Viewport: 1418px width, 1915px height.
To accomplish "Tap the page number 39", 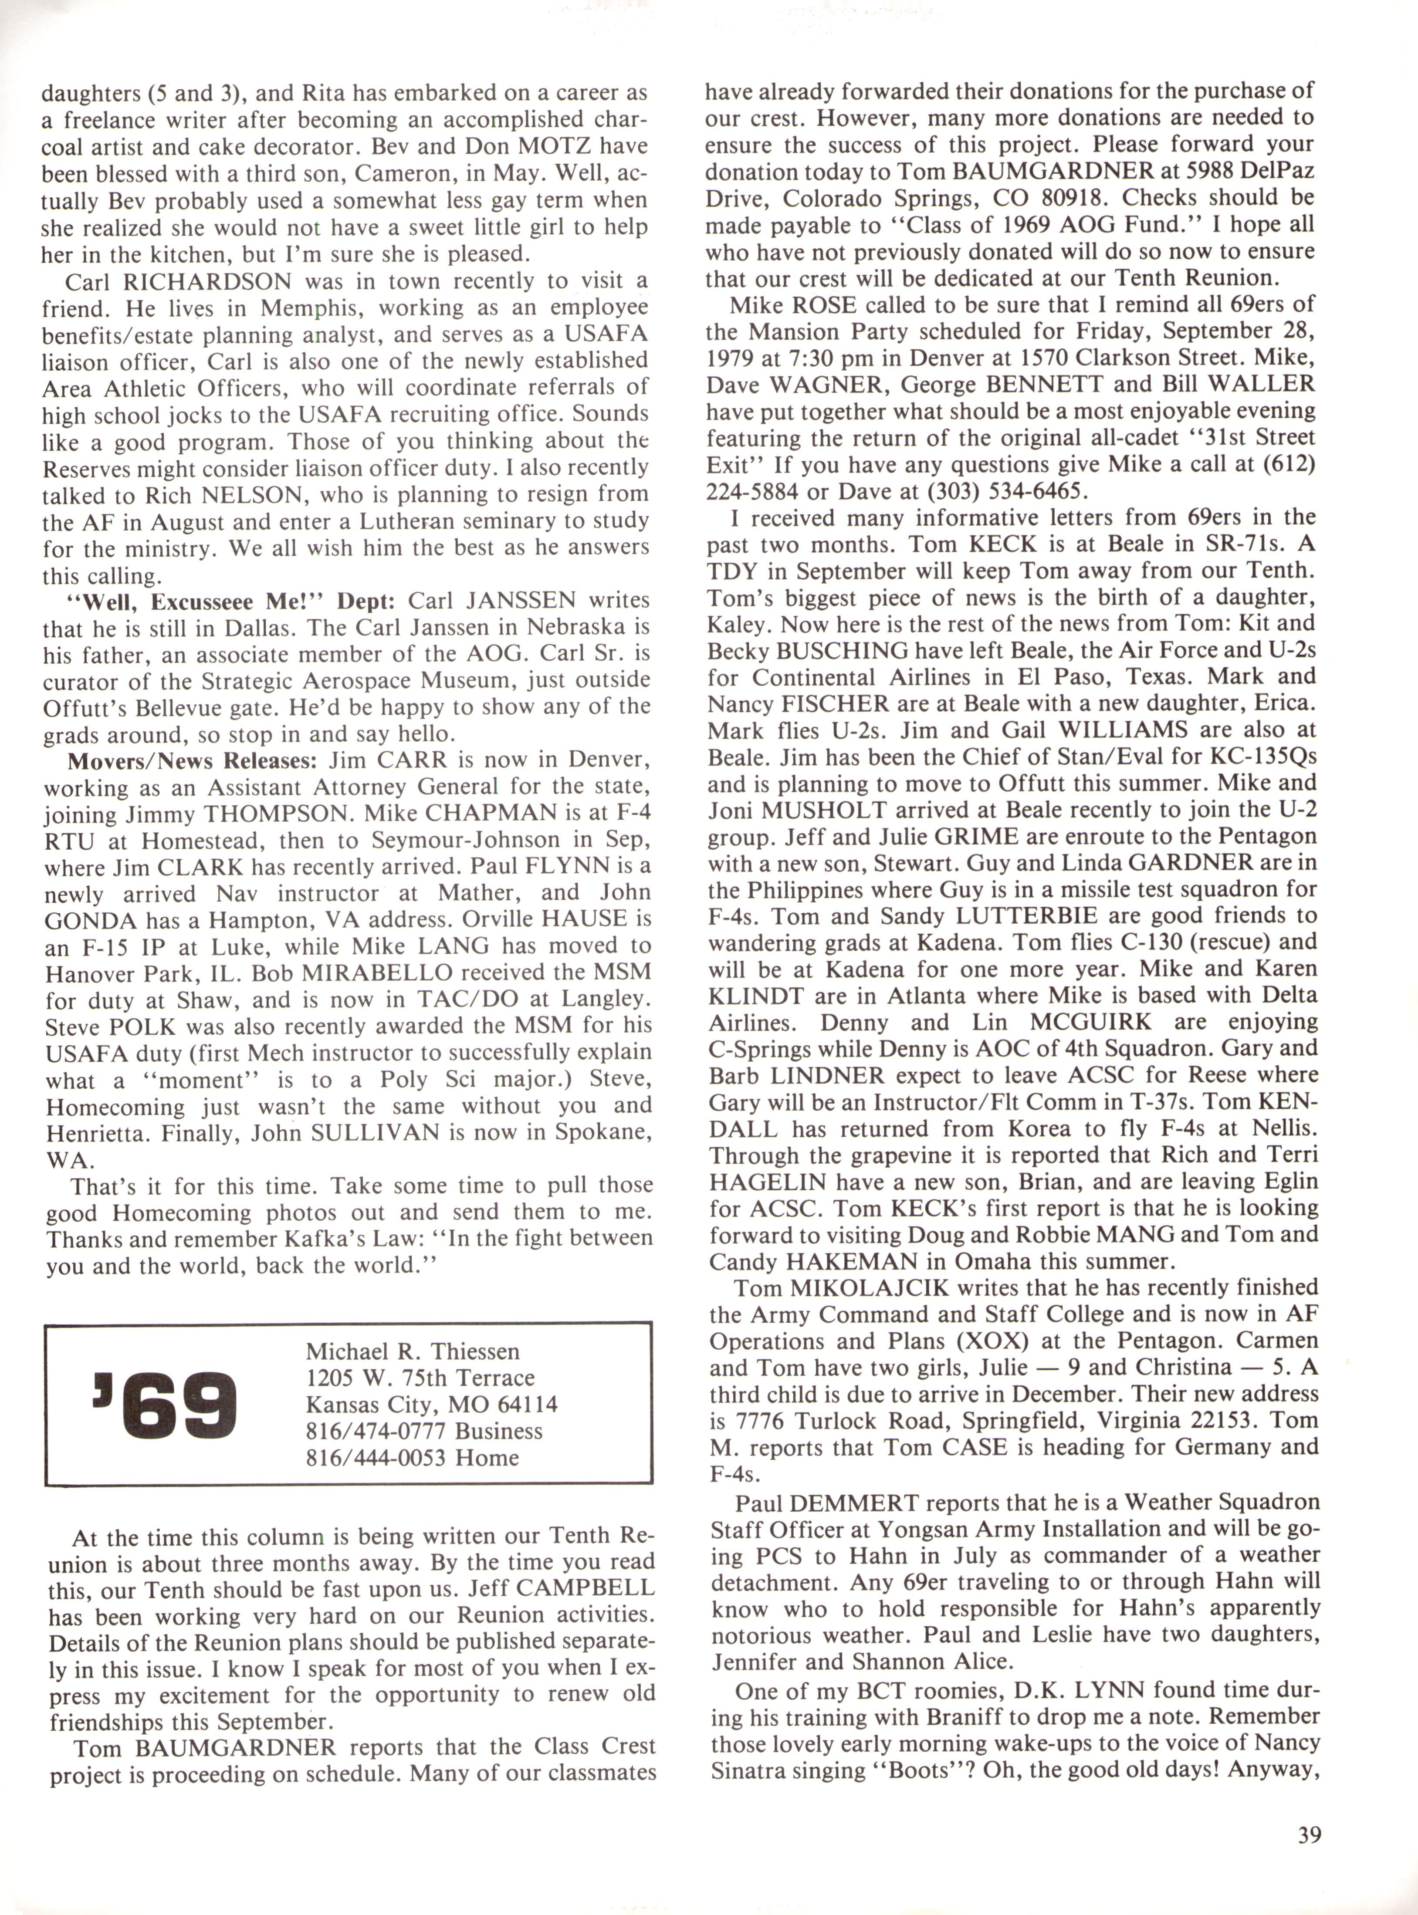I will point(1309,1835).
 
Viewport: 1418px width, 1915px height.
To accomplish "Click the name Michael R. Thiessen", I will point(412,1351).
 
